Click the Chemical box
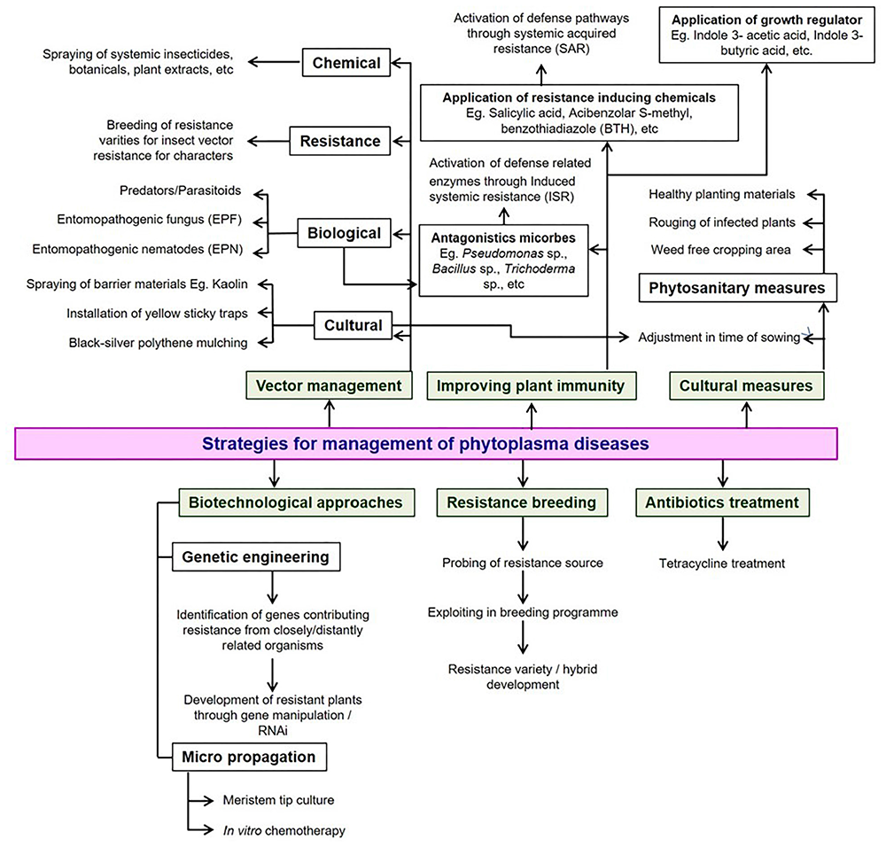pos(347,63)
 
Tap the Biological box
pos(344,234)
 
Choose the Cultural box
pos(352,325)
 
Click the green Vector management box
pos(329,385)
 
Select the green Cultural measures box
pos(746,385)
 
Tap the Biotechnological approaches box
pos(296,502)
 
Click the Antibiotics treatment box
pos(723,502)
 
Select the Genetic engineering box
pos(255,557)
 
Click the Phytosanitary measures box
pos(736,288)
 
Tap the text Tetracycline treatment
pos(722,563)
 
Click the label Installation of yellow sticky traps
pos(157,314)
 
